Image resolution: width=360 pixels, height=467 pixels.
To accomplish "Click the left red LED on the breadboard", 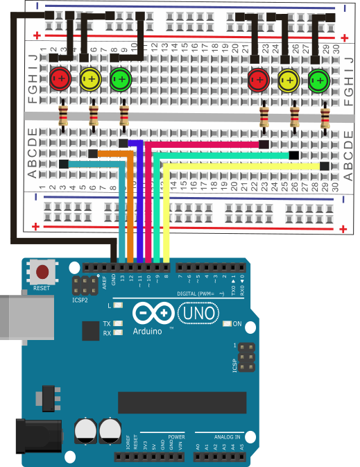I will point(60,78).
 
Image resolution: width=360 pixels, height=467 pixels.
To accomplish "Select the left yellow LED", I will point(90,79).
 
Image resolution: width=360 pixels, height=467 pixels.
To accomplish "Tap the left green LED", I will point(121,78).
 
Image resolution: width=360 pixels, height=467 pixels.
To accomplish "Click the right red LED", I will point(259,80).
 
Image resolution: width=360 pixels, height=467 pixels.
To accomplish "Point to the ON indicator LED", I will point(228,323).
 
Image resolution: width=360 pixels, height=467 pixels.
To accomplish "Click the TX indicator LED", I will point(119,324).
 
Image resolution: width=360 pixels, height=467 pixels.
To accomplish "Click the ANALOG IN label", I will point(227,437).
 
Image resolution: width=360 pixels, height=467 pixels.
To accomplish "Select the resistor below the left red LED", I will point(63,115).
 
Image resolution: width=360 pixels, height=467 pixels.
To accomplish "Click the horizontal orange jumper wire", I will point(111,153).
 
